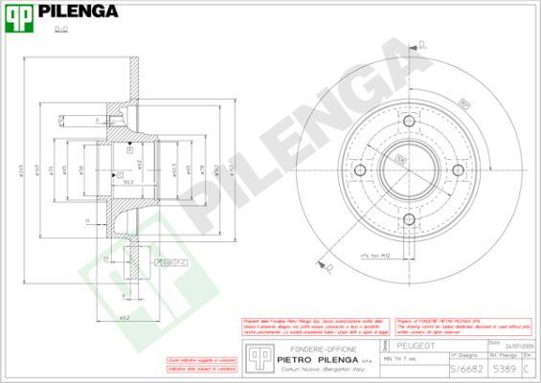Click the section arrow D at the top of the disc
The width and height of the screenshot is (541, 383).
(419, 44)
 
